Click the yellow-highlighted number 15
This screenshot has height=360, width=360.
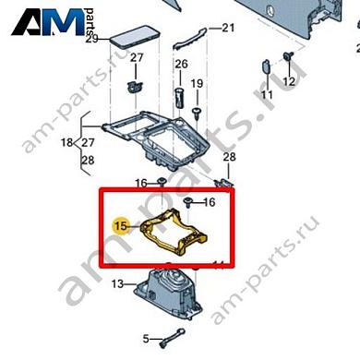118,225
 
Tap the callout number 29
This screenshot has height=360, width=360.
90,39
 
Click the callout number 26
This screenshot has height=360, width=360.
181,65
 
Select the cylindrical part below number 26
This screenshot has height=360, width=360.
181,98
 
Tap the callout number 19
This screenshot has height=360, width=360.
197,85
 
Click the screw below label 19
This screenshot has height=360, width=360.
197,110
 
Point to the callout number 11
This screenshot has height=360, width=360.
267,95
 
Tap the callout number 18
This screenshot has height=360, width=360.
66,143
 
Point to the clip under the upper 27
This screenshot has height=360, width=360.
133,86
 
